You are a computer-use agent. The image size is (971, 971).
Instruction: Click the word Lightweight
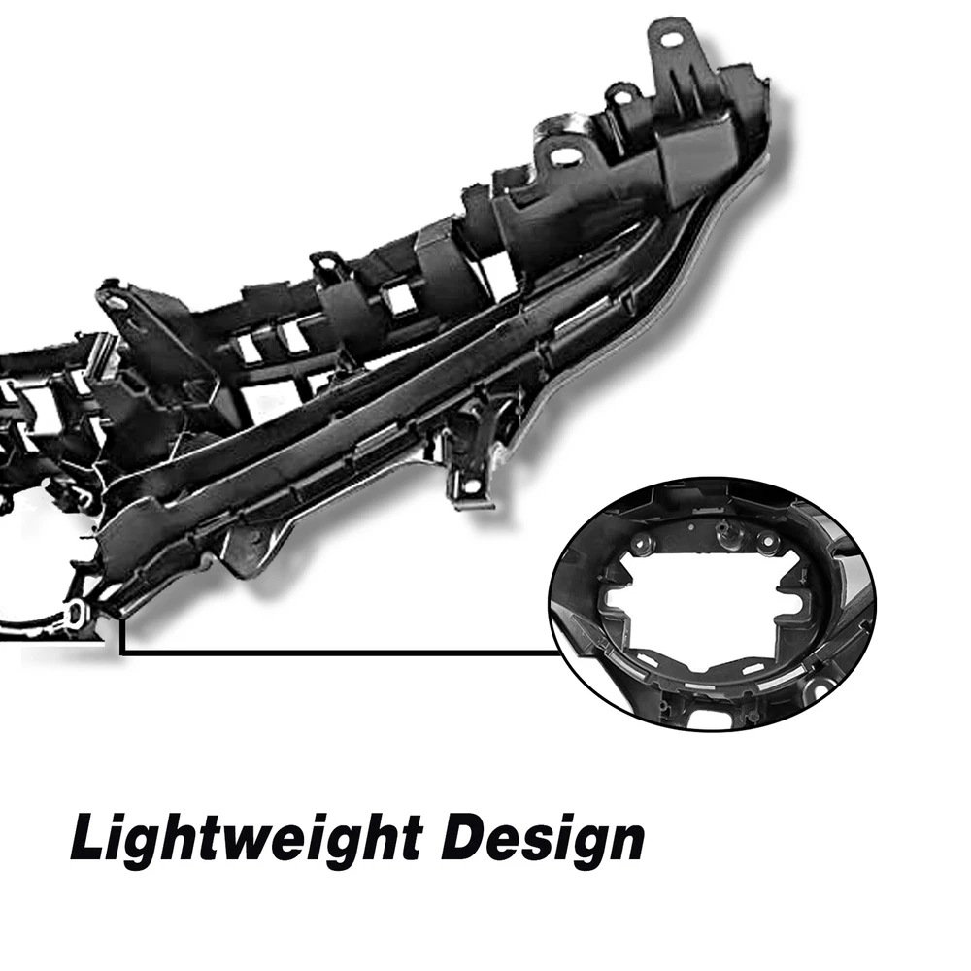click(247, 839)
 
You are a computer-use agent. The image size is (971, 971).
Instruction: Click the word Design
click(545, 839)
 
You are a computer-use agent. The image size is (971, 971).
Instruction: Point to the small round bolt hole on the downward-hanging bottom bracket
click(472, 484)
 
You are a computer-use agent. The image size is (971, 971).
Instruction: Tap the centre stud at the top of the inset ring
click(722, 531)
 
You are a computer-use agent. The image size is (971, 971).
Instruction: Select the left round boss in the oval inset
click(641, 544)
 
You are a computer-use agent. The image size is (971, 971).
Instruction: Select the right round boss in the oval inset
click(768, 542)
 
